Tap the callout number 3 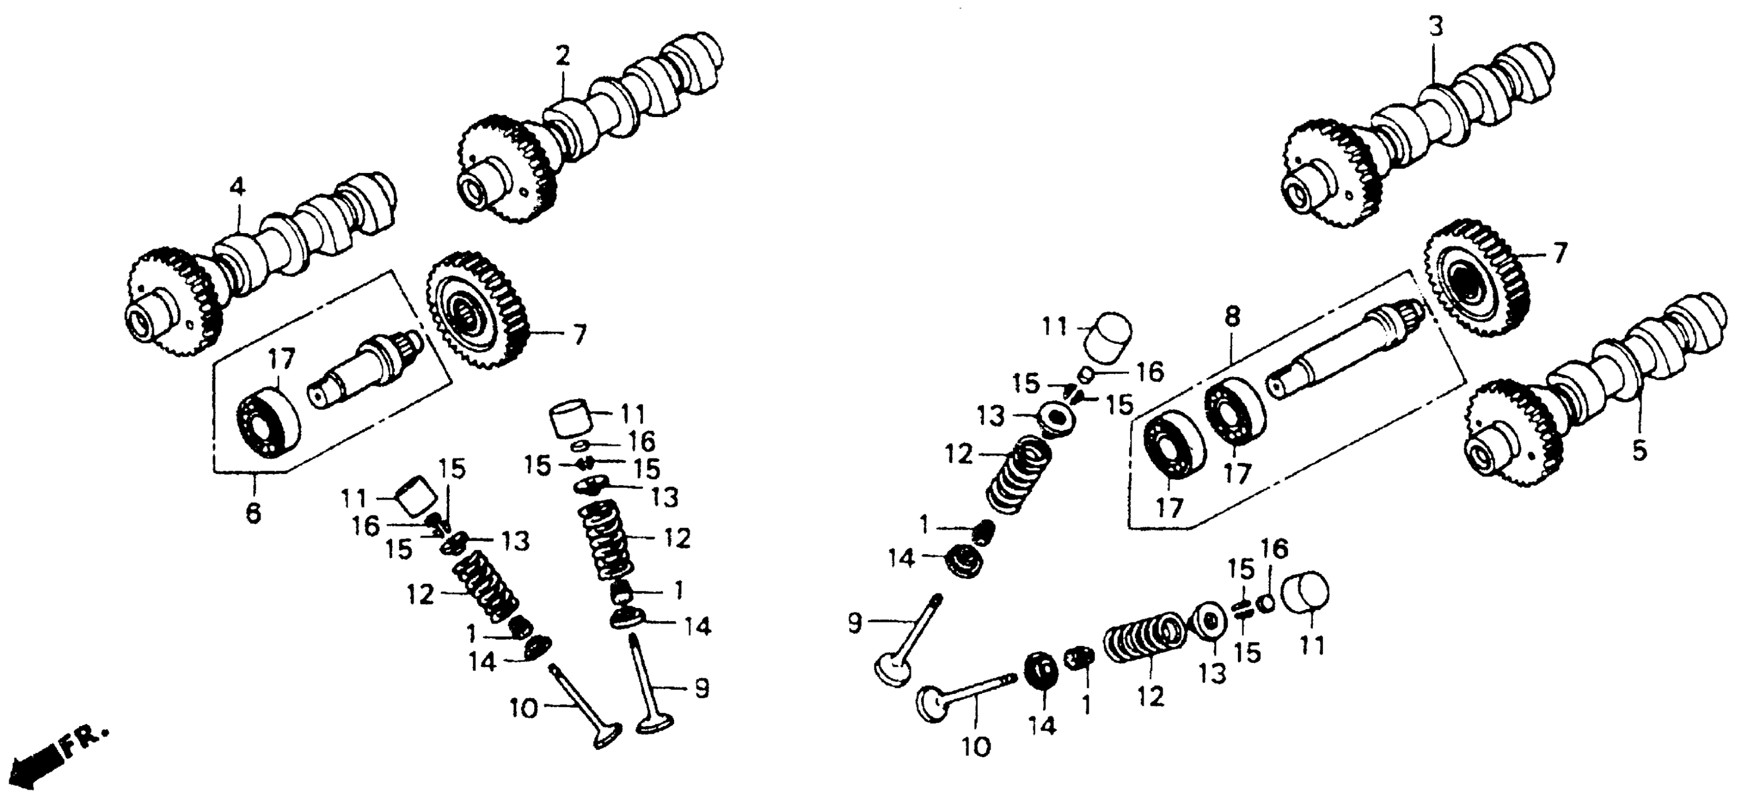click(x=1436, y=28)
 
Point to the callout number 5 click(x=1640, y=451)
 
